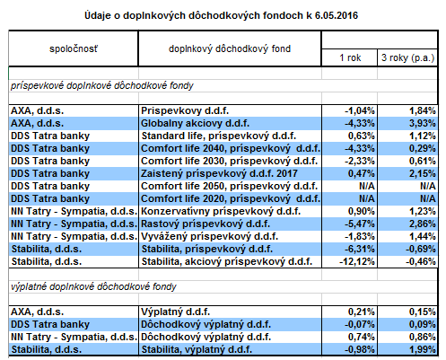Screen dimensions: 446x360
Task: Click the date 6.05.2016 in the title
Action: pyautogui.click(x=337, y=15)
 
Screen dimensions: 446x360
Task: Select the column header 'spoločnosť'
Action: pyautogui.click(x=74, y=48)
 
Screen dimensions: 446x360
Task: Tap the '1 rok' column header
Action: pyautogui.click(x=350, y=57)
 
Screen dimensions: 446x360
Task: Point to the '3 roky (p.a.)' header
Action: pyautogui.click(x=407, y=57)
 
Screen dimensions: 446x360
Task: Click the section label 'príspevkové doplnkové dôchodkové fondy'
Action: pyautogui.click(x=102, y=86)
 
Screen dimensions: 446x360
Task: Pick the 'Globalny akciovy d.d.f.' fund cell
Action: pyautogui.click(x=195, y=123)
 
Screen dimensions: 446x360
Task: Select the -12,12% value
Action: pyautogui.click(x=357, y=261)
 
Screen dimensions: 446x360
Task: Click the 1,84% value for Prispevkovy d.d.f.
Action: pyautogui.click(x=423, y=110)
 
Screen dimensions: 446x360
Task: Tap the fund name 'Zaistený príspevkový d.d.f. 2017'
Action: pyautogui.click(x=219, y=173)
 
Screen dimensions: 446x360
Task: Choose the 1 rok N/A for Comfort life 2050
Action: pyautogui.click(x=367, y=186)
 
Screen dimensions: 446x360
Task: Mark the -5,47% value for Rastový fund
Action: pyautogui.click(x=360, y=224)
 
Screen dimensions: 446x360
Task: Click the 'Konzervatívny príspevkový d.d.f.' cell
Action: pyautogui.click(x=221, y=211)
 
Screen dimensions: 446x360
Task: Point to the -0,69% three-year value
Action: pyautogui.click(x=421, y=249)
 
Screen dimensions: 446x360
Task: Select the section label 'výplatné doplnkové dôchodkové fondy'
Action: pyautogui.click(x=93, y=286)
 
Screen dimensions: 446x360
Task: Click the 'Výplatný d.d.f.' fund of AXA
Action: pyautogui.click(x=175, y=312)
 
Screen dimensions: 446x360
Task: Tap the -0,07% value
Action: pyautogui.click(x=360, y=324)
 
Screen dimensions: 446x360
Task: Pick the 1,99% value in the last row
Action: pyautogui.click(x=423, y=349)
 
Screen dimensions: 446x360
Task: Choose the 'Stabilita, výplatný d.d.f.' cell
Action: pyautogui.click(x=197, y=349)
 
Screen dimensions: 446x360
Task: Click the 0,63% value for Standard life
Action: pyautogui.click(x=362, y=136)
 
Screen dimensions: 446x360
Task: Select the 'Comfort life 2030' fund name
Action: pyautogui.click(x=184, y=161)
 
